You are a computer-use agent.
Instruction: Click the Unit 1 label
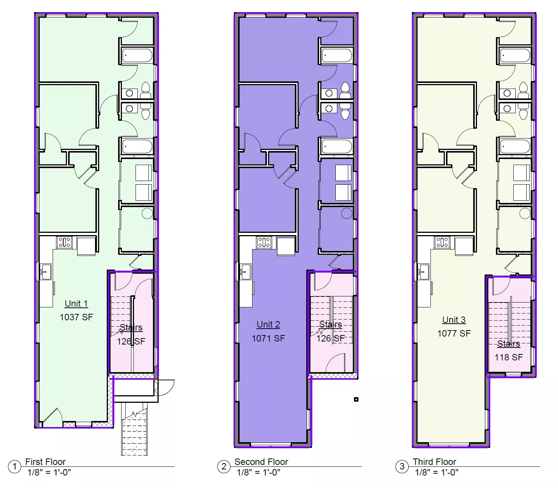tap(76, 304)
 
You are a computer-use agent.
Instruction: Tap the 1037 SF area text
tap(76, 317)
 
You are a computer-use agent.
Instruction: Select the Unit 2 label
tap(268, 324)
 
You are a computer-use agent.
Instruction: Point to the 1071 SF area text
tap(268, 338)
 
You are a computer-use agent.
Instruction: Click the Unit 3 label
tap(454, 320)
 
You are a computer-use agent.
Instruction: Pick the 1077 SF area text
tap(454, 333)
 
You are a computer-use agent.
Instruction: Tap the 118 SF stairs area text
tap(509, 357)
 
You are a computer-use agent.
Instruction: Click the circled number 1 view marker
tap(15, 466)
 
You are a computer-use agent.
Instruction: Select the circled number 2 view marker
tap(224, 466)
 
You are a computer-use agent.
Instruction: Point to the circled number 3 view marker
tap(402, 466)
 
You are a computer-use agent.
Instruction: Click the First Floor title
tap(45, 461)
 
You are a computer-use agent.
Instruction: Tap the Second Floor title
tap(261, 461)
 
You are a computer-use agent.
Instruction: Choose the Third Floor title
tap(435, 461)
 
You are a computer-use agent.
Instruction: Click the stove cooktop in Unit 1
tap(64, 242)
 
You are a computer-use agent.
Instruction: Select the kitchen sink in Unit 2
tap(246, 272)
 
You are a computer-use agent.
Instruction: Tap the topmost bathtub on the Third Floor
tap(514, 56)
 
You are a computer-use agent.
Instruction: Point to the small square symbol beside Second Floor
tap(356, 399)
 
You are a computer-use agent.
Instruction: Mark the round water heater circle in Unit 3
tap(525, 214)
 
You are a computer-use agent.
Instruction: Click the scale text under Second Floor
tap(258, 472)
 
